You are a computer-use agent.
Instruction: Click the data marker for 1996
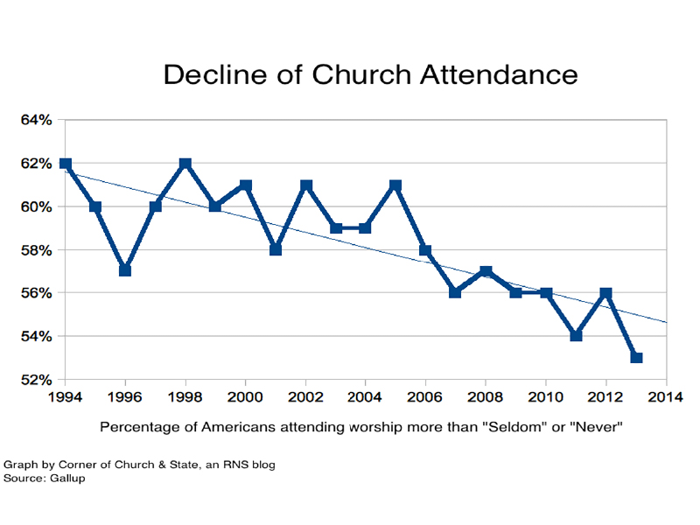pyautogui.click(x=125, y=270)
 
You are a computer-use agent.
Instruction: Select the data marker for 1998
pyautogui.click(x=185, y=164)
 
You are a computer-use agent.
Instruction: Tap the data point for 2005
pyautogui.click(x=395, y=185)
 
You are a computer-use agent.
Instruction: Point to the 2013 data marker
pyautogui.click(x=636, y=357)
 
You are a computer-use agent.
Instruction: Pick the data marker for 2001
pyautogui.click(x=276, y=249)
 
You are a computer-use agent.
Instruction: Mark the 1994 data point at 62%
pyautogui.click(x=66, y=164)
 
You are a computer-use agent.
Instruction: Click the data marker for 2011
pyautogui.click(x=576, y=335)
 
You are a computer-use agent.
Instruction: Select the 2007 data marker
pyautogui.click(x=456, y=292)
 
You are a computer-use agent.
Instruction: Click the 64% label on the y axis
pyautogui.click(x=36, y=121)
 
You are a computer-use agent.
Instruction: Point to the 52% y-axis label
pyautogui.click(x=36, y=380)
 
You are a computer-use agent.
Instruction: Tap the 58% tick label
pyautogui.click(x=36, y=250)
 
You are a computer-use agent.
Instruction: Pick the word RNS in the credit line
pyautogui.click(x=221, y=465)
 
